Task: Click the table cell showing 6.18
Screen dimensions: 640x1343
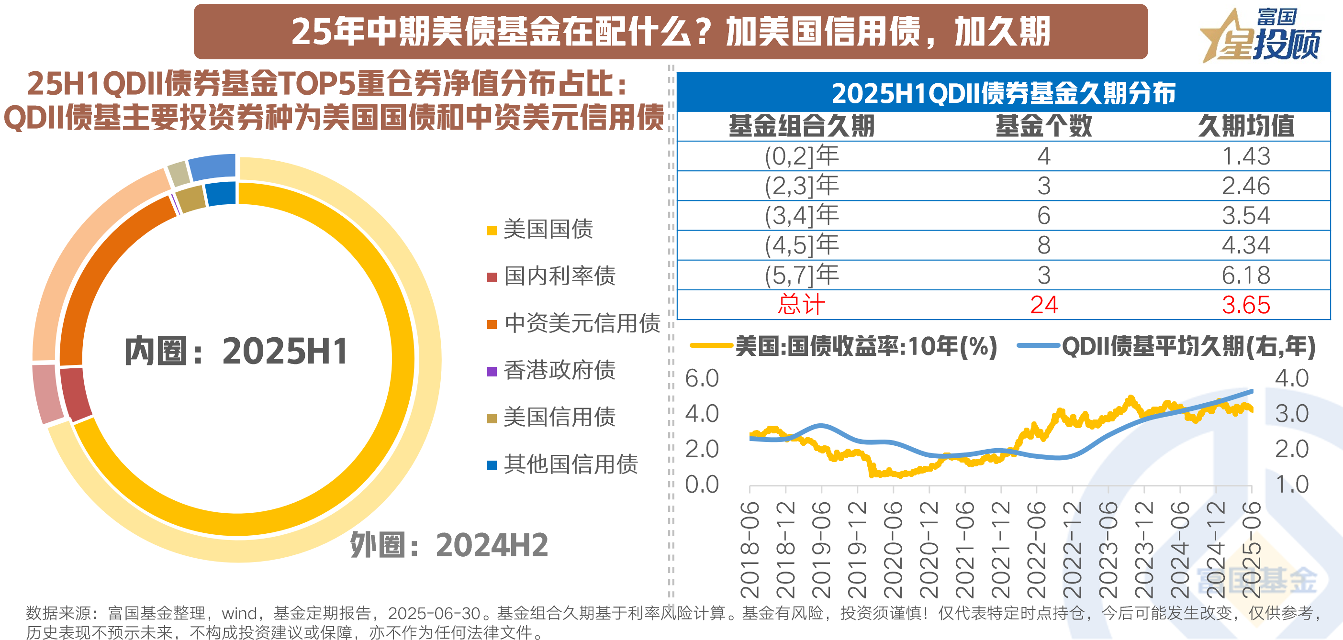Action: click(x=1245, y=275)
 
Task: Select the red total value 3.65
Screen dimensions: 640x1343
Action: click(x=1245, y=305)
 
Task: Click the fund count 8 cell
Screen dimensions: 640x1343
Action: click(x=1043, y=245)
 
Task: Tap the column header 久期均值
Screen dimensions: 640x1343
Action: click(x=1245, y=126)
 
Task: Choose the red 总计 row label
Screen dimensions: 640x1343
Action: click(x=801, y=305)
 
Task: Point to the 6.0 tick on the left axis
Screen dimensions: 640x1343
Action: click(x=702, y=378)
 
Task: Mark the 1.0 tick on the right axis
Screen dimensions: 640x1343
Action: click(x=1291, y=485)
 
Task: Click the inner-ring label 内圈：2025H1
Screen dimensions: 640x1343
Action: click(x=235, y=351)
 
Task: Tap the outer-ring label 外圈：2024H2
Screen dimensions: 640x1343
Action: click(x=448, y=545)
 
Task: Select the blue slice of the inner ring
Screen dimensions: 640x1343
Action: click(x=221, y=193)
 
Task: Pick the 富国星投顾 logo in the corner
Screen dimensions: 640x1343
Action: click(x=1262, y=35)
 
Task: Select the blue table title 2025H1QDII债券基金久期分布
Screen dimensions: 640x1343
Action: click(x=1003, y=93)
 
